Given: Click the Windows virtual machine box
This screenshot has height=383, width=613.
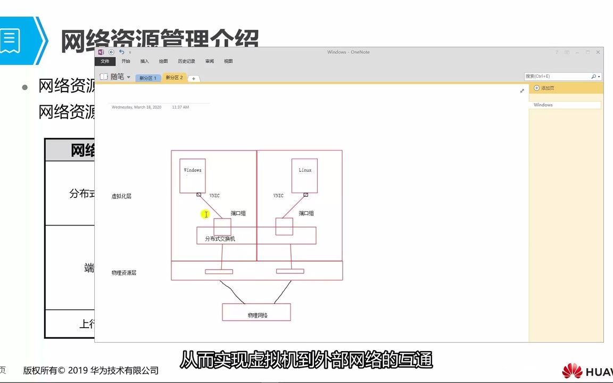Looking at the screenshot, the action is [193, 176].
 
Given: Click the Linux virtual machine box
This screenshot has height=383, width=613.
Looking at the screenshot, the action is [305, 176].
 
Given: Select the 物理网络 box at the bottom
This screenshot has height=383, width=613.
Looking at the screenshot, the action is [256, 312].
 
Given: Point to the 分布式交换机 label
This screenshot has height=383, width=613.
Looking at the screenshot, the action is [220, 239].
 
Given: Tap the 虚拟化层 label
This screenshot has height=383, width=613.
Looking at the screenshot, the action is [121, 196].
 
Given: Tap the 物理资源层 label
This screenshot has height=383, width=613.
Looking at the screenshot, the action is [124, 272].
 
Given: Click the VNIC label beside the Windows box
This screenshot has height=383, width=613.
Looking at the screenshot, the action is [214, 196].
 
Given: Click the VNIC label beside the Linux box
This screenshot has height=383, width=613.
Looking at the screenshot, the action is [278, 196].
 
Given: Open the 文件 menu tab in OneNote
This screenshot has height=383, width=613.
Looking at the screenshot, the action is [105, 61].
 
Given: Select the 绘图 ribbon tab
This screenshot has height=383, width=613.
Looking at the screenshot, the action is [163, 61].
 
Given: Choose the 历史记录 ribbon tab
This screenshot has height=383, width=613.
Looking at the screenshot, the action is [186, 61].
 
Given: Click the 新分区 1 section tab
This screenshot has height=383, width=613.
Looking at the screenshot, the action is [148, 78].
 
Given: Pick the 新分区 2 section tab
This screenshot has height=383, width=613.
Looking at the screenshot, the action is [174, 78].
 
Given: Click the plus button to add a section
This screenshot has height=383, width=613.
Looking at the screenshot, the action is [194, 79].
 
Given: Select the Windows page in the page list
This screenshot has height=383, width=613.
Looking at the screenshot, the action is [543, 105].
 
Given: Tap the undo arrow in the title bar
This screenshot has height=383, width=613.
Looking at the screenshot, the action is [121, 52].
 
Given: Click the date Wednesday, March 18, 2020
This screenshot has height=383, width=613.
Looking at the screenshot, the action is [136, 107].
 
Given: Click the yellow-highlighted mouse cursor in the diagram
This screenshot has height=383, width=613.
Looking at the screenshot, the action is [205, 214].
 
